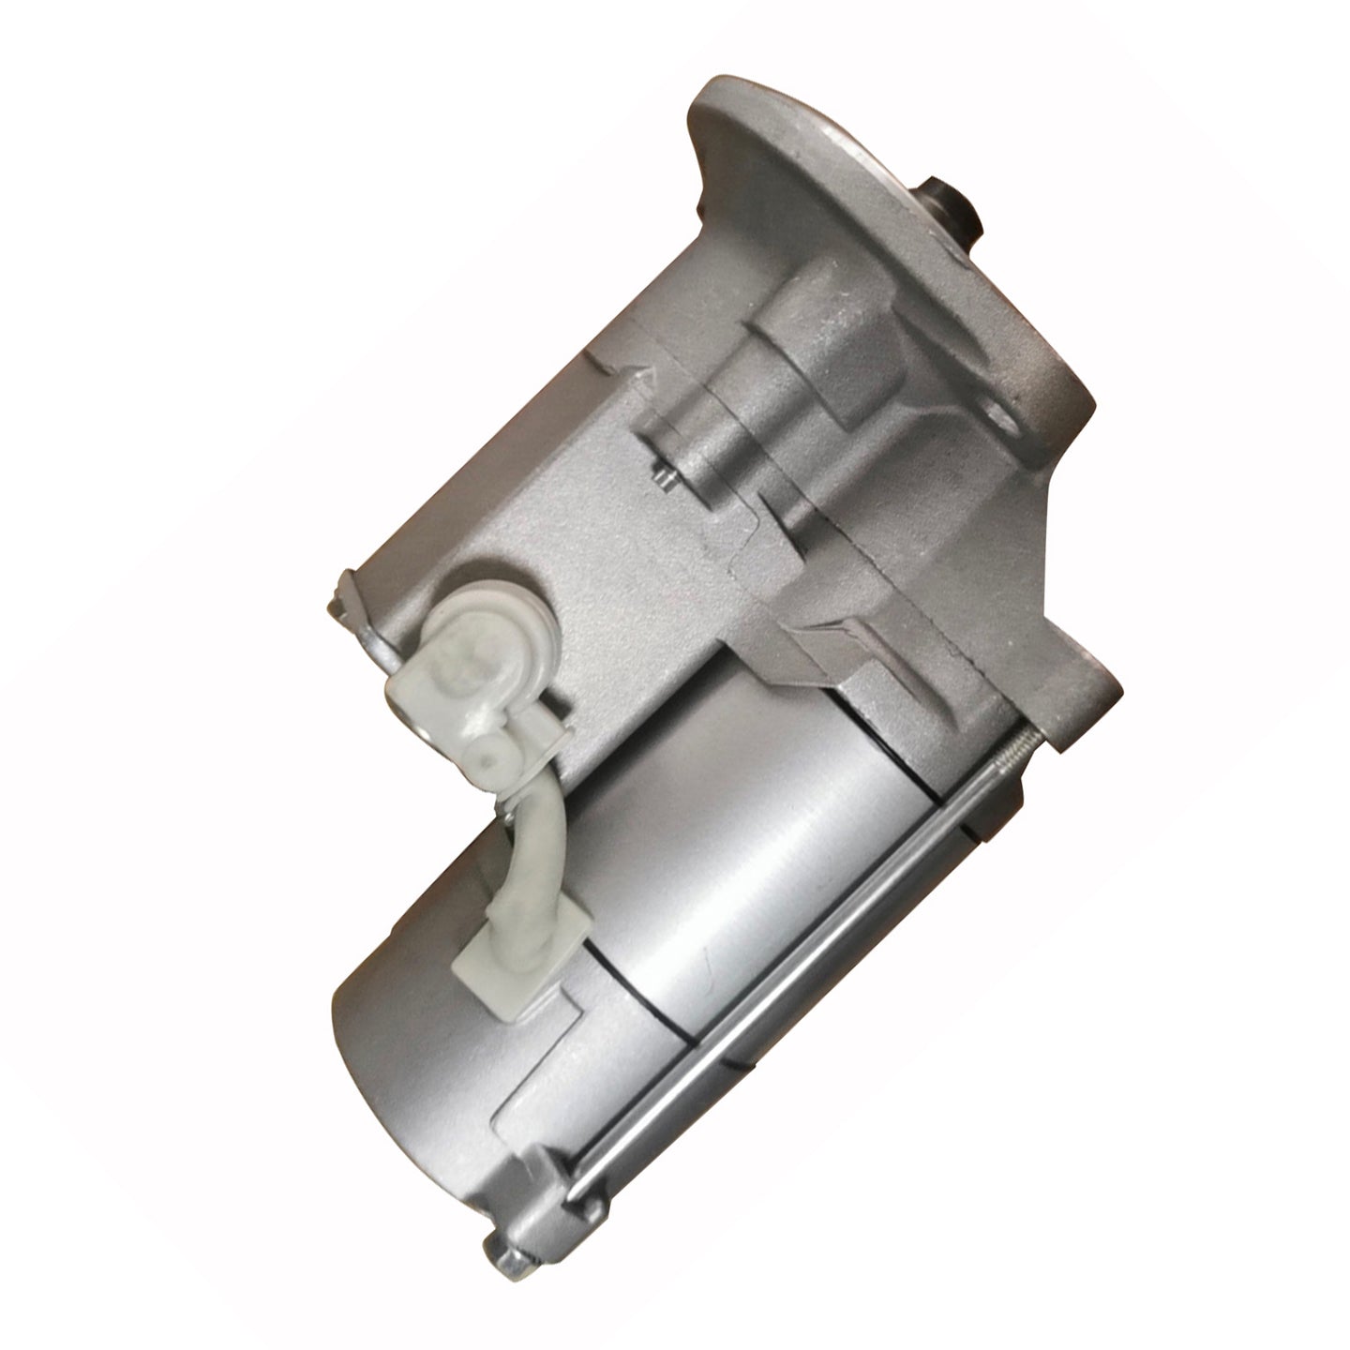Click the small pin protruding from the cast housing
[664, 478]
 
